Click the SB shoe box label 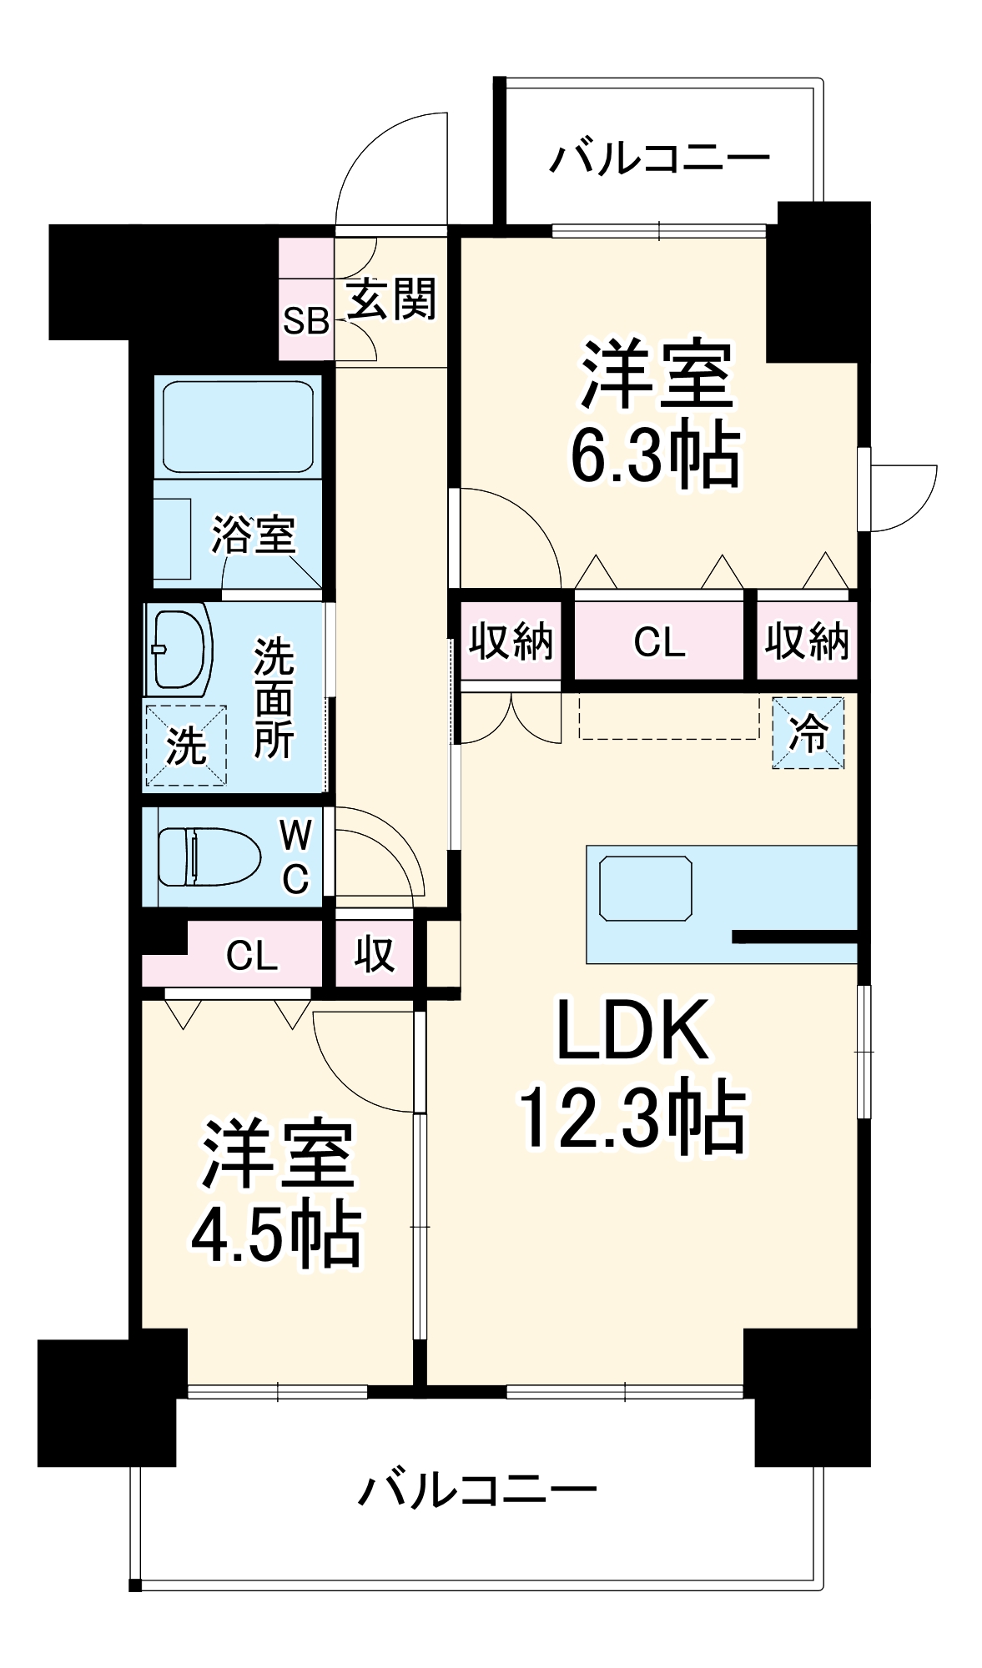coord(305,320)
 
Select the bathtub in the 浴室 coord(239,425)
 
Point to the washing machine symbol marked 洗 coord(186,745)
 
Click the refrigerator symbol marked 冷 coord(808,733)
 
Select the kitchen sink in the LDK coord(646,887)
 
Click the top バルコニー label coord(659,158)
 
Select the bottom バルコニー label coord(478,1489)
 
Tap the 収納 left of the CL coord(511,641)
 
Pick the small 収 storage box coord(375,953)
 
